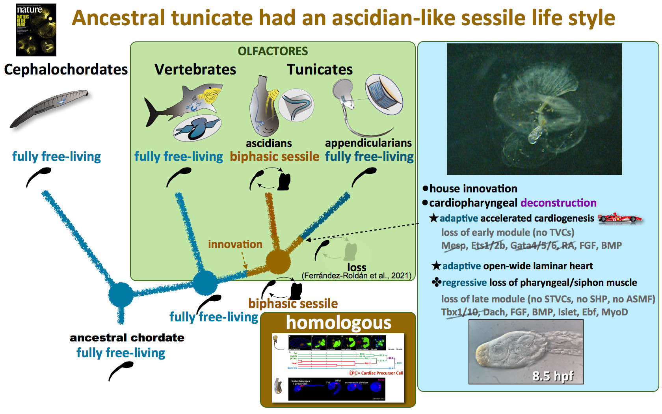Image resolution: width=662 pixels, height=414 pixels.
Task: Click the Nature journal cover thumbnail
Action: pos(36,30)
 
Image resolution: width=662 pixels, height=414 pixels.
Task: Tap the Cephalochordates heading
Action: pos(66,69)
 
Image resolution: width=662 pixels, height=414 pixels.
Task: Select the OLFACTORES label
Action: pos(273,51)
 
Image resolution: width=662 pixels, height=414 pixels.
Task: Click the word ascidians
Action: pos(269,143)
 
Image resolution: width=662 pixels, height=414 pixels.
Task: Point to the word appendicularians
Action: pos(368,143)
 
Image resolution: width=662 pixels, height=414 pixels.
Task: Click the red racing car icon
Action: pos(619,218)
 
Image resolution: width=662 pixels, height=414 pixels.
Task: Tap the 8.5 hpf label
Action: pos(552,376)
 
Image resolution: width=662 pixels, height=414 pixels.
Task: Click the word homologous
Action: pos(338,323)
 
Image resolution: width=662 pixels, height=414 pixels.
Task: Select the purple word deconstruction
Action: pos(558,203)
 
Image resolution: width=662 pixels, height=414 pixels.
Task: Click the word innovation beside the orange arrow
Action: pos(235,244)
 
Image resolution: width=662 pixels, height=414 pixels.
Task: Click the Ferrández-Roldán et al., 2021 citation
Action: pos(356,276)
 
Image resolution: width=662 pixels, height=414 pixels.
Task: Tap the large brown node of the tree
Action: pos(278,261)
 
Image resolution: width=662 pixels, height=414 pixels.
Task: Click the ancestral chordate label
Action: pos(127,338)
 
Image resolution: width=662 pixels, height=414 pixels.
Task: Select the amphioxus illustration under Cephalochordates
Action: pos(49,109)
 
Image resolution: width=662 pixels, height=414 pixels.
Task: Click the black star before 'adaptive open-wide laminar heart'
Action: pos(436,266)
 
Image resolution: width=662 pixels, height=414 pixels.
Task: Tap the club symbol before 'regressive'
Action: pos(436,282)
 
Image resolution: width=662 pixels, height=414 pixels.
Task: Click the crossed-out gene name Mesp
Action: pos(453,246)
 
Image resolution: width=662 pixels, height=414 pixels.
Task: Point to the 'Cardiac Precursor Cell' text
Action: pos(382,373)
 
